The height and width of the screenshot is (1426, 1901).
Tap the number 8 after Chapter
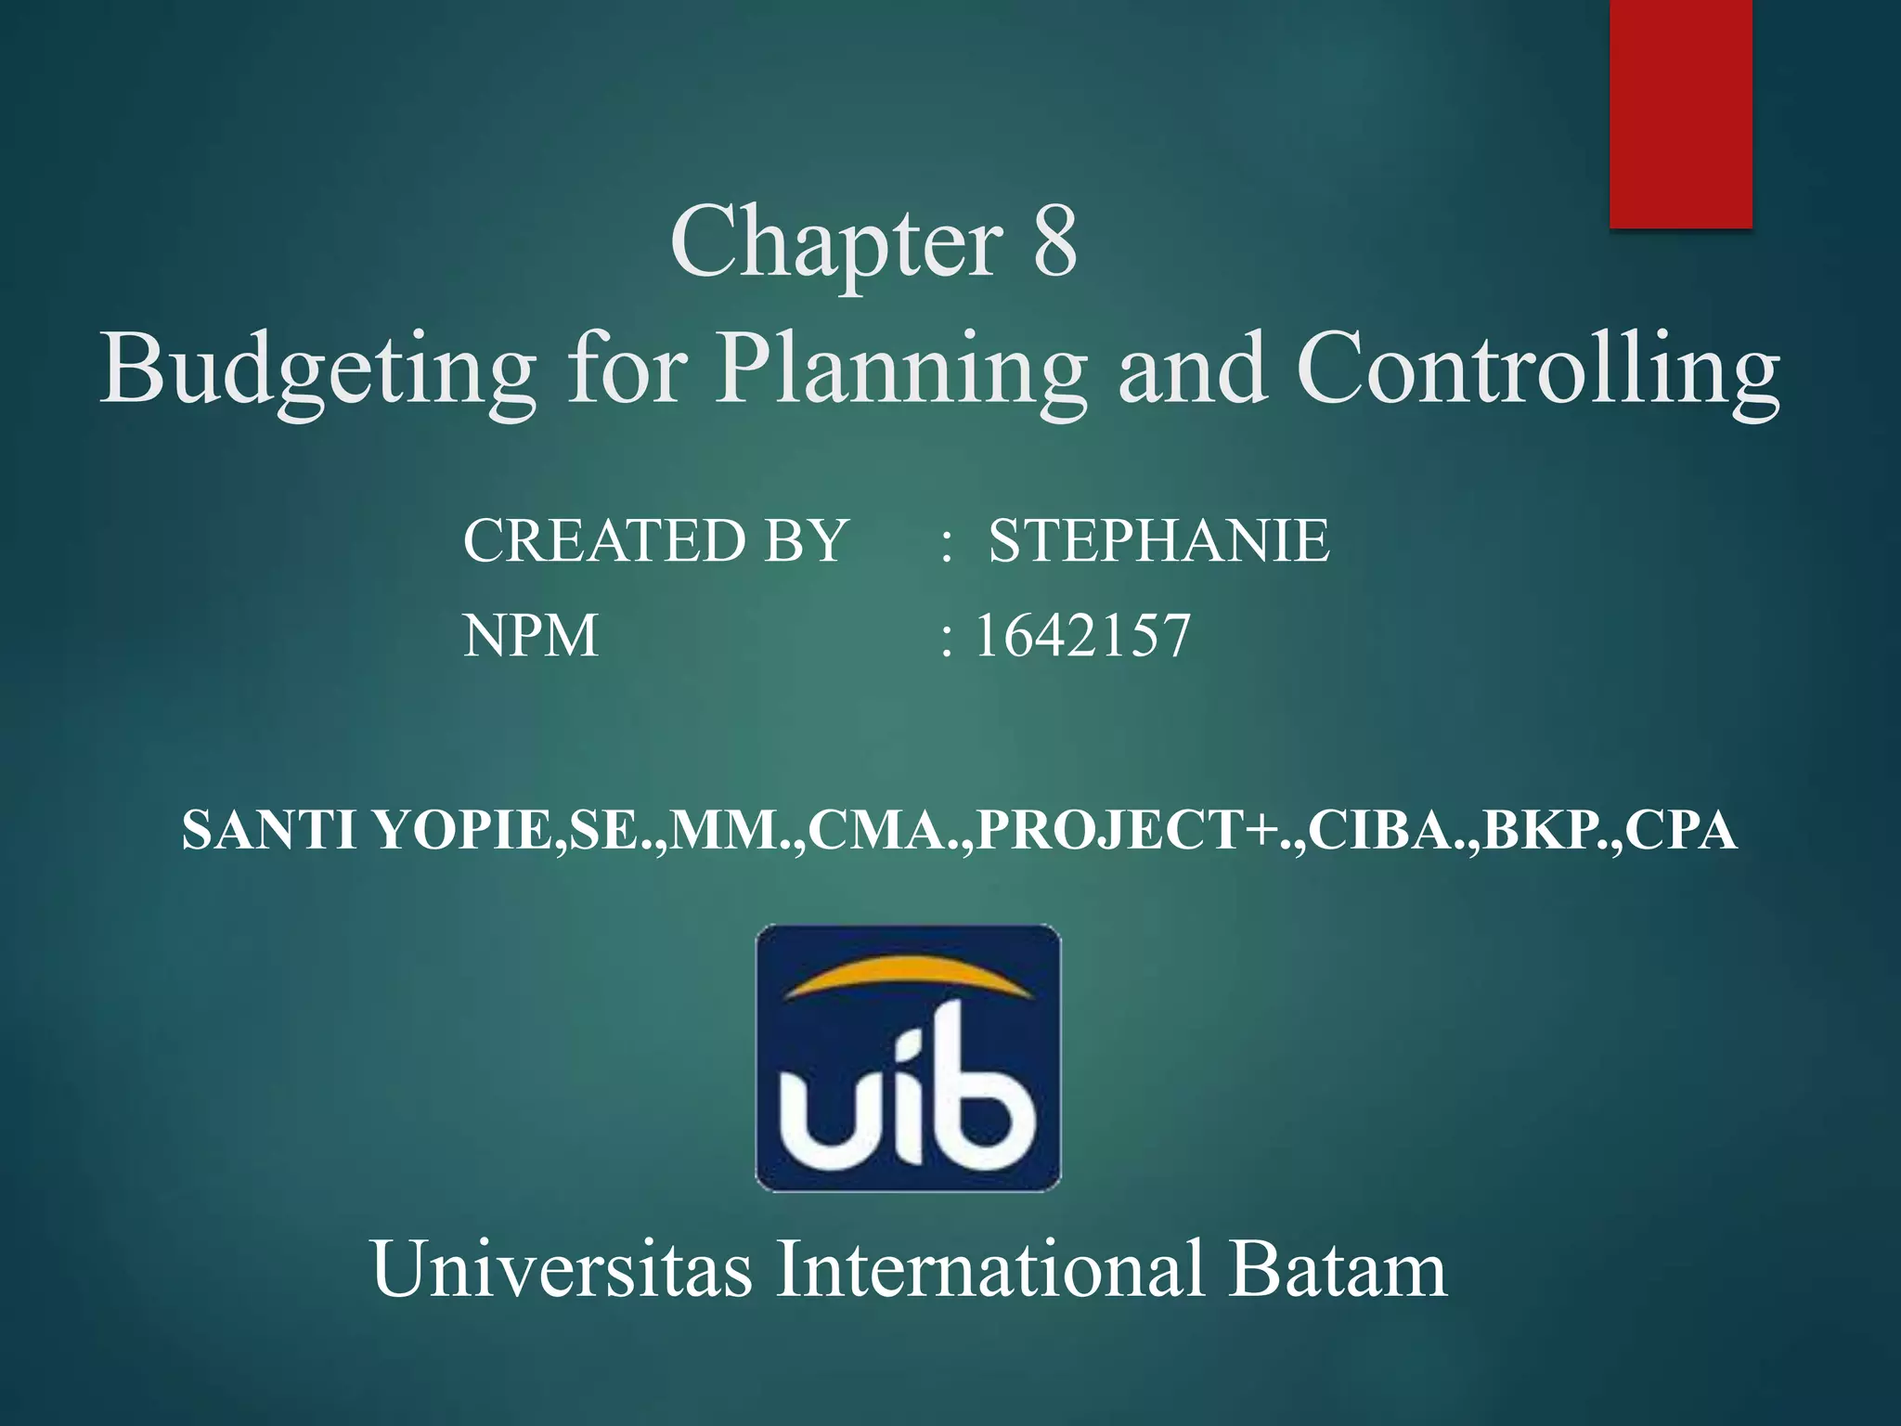tap(1054, 243)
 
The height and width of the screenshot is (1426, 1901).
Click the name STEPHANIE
tap(1158, 540)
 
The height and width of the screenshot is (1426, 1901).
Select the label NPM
tap(531, 637)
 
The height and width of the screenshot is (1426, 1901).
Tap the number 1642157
tap(1082, 637)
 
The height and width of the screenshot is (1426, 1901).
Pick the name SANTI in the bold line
tap(268, 830)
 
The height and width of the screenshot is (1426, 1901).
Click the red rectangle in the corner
tap(1680, 111)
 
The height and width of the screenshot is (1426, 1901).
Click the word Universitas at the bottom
tap(562, 1269)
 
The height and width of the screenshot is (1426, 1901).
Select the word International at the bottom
tap(989, 1269)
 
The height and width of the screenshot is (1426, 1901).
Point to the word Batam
tap(1338, 1269)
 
